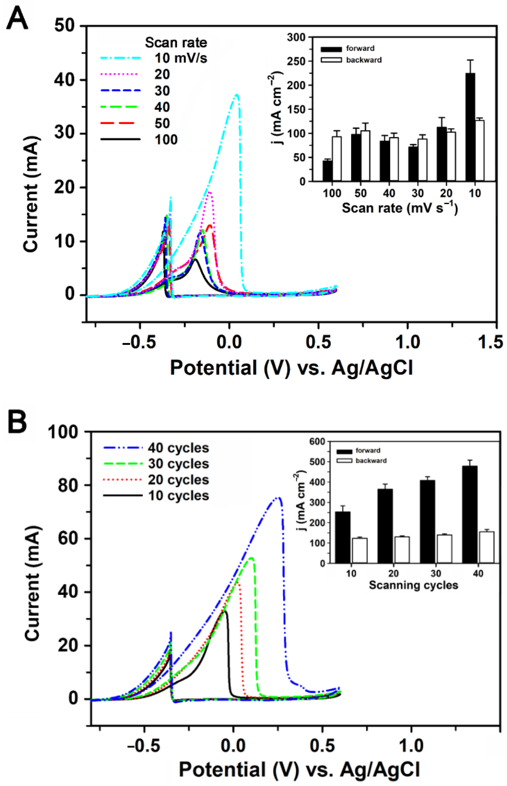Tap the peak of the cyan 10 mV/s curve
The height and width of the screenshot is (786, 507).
(x=236, y=95)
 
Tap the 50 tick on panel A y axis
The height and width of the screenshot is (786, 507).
(x=64, y=25)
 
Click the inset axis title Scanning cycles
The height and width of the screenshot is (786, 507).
(x=413, y=585)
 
